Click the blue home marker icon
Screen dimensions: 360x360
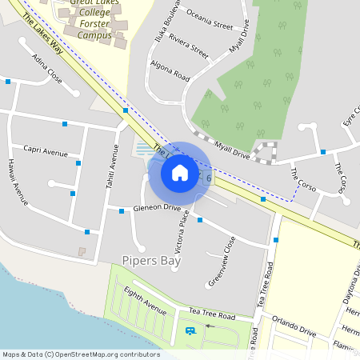[179, 172]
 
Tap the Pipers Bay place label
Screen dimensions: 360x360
[151, 260]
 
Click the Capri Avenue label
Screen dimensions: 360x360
[46, 151]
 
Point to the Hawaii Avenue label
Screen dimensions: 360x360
[18, 180]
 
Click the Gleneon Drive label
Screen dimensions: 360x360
[157, 207]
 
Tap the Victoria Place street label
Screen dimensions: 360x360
[182, 228]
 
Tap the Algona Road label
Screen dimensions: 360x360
[170, 71]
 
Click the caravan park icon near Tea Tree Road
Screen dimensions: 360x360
[190, 330]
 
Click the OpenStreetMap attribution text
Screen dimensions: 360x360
[81, 354]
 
